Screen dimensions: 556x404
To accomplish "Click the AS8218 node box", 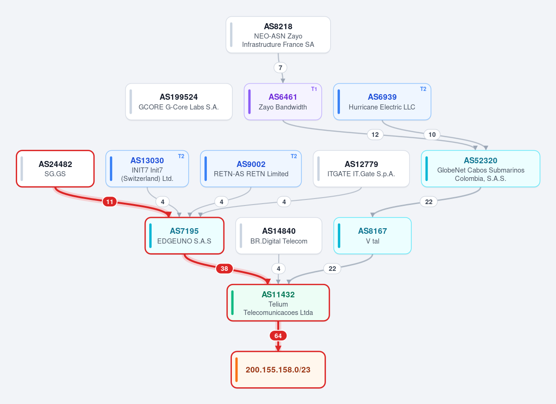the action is pyautogui.click(x=278, y=35).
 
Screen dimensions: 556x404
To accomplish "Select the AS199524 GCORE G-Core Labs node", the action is pyautogui.click(x=179, y=102).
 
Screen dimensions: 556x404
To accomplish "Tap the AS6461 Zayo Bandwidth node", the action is pyautogui.click(x=282, y=102).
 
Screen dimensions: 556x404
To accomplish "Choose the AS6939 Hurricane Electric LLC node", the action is pyautogui.click(x=382, y=102).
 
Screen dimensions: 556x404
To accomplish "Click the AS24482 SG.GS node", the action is pyautogui.click(x=55, y=169).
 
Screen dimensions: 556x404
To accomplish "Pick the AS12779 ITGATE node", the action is pyautogui.click(x=361, y=169).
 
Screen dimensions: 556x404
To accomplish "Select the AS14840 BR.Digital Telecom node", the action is pyautogui.click(x=279, y=236).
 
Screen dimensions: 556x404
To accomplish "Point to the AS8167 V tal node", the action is pyautogui.click(x=372, y=236).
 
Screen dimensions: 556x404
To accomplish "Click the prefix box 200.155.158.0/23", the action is pyautogui.click(x=278, y=370).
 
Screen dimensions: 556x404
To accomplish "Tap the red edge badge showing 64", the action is pyautogui.click(x=278, y=336).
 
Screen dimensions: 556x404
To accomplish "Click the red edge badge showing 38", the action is pyautogui.click(x=224, y=269).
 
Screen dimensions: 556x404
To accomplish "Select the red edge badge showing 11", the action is pyautogui.click(x=109, y=202).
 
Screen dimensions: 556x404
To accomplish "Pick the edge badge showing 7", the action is pyautogui.click(x=280, y=68).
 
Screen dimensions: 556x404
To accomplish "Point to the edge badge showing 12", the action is pyautogui.click(x=375, y=135).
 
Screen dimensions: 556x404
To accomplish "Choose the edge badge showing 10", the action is pyautogui.click(x=432, y=135).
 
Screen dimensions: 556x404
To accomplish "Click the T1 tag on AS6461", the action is pyautogui.click(x=314, y=89).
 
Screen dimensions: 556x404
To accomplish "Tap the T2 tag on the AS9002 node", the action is pyautogui.click(x=294, y=156).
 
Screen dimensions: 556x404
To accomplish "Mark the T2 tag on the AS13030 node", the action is pyautogui.click(x=181, y=156).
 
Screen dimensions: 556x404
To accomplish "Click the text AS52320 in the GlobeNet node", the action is pyautogui.click(x=480, y=160).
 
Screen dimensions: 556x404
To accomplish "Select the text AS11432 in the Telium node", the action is pyautogui.click(x=278, y=295).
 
